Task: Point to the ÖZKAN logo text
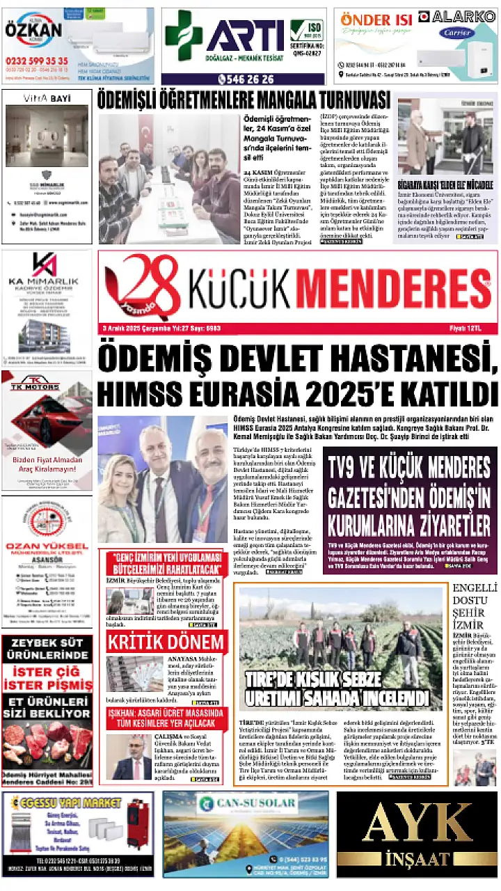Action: [33, 31]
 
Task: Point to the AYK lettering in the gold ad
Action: [418, 823]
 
